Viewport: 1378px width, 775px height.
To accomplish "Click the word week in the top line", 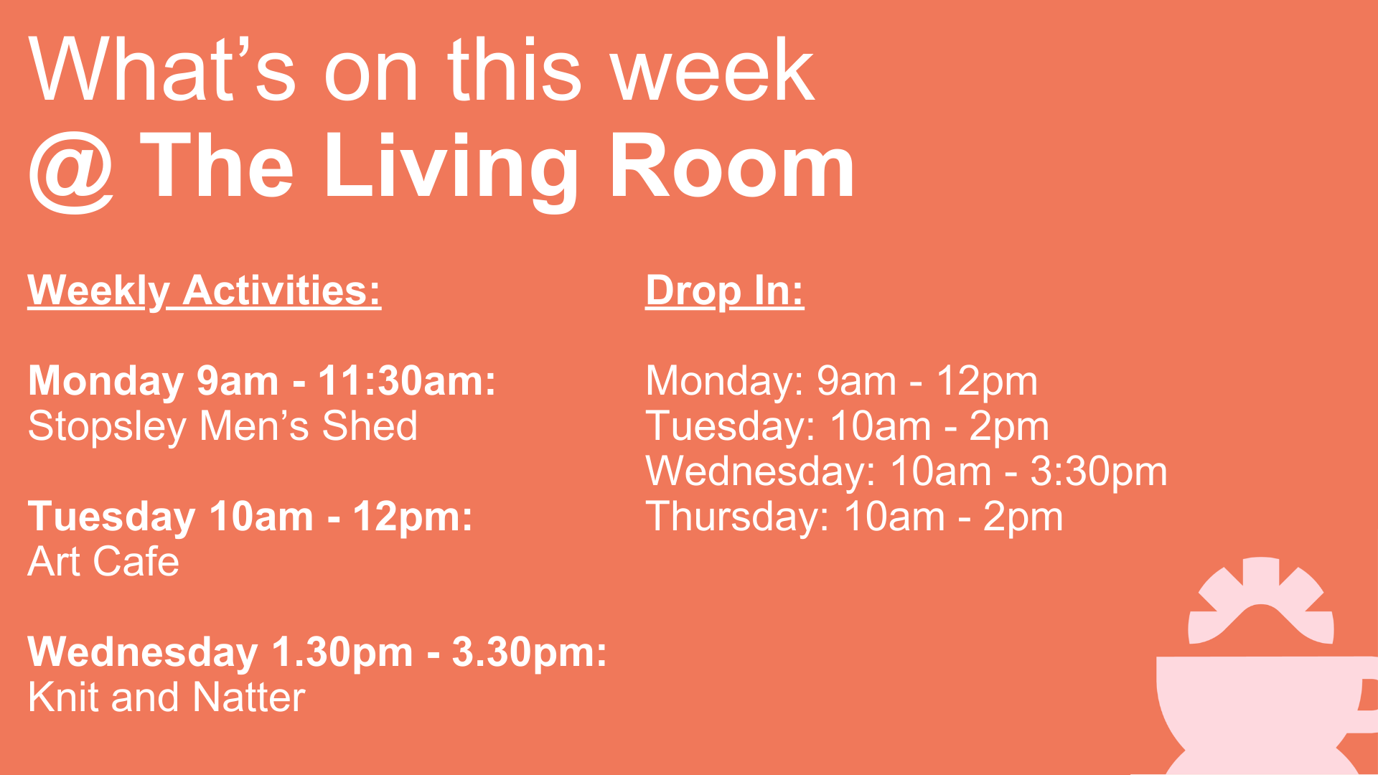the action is [712, 70].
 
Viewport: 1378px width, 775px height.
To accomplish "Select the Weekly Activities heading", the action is [205, 291].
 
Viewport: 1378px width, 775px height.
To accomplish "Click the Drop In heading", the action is [725, 291].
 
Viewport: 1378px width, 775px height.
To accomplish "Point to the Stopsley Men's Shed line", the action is [222, 426].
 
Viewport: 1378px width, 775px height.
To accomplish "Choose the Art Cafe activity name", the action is [103, 561].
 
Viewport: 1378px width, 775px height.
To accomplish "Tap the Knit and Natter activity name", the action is [167, 697].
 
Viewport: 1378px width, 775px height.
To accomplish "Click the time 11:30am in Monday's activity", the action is [407, 380].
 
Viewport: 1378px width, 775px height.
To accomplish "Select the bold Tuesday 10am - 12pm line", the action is [250, 517].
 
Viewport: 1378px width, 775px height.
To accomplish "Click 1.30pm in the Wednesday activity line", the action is [342, 652].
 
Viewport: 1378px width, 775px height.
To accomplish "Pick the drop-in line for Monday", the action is [841, 381].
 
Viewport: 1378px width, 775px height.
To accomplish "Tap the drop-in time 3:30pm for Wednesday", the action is [1099, 471].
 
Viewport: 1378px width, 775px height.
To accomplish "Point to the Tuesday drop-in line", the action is [847, 426].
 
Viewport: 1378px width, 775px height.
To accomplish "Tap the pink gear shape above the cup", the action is [1261, 601].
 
